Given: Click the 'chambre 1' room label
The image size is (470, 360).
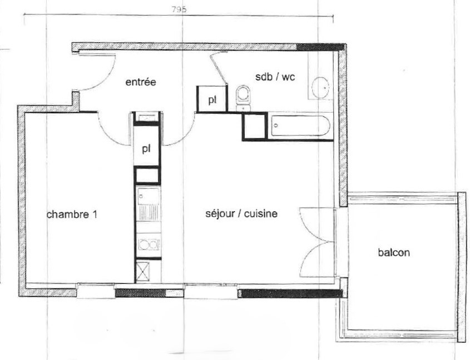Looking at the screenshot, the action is pos(72,214).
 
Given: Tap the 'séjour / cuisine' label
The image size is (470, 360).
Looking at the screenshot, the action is pos(241,214).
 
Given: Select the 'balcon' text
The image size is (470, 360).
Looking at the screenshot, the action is pos(394,252).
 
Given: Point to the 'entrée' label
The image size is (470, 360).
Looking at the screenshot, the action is pos(141,82).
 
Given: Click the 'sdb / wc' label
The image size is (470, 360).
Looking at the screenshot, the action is pos(275,77).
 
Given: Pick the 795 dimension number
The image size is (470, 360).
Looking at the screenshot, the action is pos(179,9).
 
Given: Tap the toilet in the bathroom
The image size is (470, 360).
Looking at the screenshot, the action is pos(243,98).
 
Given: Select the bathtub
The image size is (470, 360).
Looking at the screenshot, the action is pos(301,126).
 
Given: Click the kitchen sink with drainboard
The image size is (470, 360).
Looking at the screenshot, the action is pos(149,204).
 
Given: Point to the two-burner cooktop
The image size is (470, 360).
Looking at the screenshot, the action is pos(149,244).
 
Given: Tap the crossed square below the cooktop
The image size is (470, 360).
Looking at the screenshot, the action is pos(142,271).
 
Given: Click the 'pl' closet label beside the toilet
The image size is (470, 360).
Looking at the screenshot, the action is pos(212,100).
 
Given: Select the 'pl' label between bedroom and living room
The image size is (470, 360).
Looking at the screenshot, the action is pos(146,148).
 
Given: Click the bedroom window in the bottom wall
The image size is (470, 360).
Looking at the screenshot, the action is pos(96,291).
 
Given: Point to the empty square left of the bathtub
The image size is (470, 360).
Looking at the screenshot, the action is pos(255,127).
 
